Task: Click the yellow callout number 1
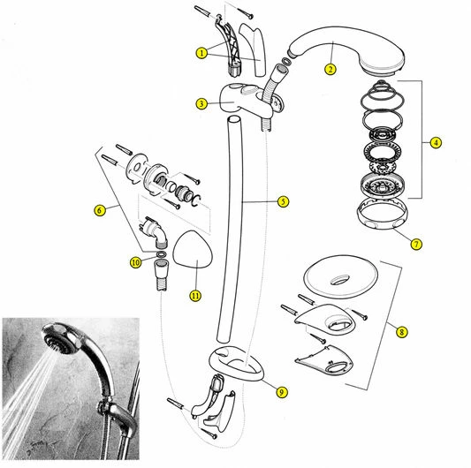point(201,54)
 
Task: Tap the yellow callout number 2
point(330,70)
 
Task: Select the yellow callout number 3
point(201,104)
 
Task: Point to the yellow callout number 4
point(436,142)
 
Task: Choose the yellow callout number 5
point(283,201)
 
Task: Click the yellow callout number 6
point(100,210)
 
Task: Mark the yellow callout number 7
point(416,244)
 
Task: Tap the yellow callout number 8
point(401,332)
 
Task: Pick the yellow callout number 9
point(282,392)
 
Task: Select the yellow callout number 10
point(135,262)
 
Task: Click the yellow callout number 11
point(195,296)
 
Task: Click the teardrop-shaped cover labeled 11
point(194,249)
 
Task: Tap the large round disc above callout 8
point(340,277)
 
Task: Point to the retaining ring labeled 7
point(383,223)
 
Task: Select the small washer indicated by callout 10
point(162,255)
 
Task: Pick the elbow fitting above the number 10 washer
point(155,230)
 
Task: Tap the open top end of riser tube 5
point(234,119)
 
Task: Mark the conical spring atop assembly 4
point(382,90)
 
